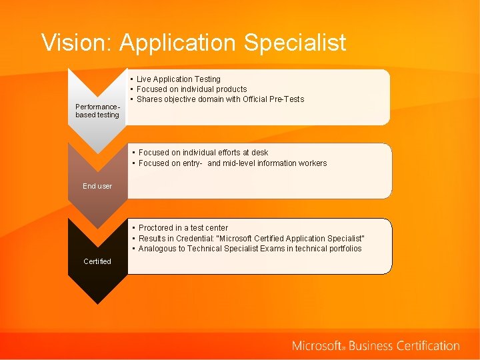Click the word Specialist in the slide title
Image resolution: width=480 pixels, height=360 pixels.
point(295,43)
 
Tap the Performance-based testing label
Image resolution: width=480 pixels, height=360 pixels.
point(97,111)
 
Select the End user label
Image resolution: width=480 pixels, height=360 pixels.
point(97,186)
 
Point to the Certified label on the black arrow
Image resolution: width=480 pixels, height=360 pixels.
point(97,261)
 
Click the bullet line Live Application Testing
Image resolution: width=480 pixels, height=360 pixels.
point(178,79)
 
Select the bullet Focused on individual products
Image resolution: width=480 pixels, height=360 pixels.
point(191,89)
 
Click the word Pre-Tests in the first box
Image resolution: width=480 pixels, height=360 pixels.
point(286,99)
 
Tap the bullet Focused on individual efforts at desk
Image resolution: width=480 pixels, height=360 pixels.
point(203,153)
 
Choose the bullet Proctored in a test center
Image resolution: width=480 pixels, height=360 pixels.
point(183,228)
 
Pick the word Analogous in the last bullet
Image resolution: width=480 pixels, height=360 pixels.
point(157,249)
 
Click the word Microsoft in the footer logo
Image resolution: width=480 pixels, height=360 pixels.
point(317,346)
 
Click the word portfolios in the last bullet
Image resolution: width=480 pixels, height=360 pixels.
point(343,249)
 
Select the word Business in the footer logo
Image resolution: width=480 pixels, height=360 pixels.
point(371,346)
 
